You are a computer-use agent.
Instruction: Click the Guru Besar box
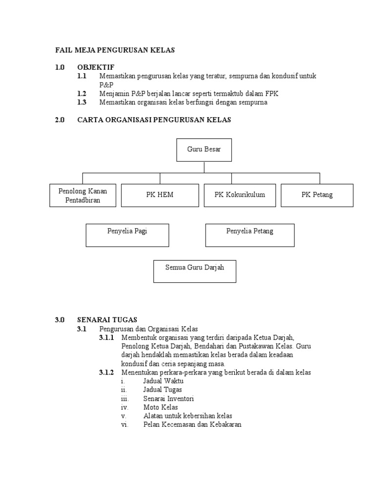pos(204,150)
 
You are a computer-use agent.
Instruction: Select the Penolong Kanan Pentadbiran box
pos(83,195)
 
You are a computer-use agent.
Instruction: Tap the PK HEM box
pos(160,195)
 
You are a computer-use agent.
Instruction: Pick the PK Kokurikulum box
pos(240,195)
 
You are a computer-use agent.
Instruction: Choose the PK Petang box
pos(317,195)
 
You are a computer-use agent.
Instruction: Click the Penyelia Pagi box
pos(127,235)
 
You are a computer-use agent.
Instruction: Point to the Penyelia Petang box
pos(250,235)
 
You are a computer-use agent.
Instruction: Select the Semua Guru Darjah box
pos(195,271)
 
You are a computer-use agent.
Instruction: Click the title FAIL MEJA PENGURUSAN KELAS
pos(115,50)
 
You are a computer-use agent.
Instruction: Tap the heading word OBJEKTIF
pos(96,67)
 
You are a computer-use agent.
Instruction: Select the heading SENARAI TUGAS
pos(107,320)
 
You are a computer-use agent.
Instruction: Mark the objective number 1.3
pos(82,103)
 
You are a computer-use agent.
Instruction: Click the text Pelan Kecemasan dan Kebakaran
pos(192,425)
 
